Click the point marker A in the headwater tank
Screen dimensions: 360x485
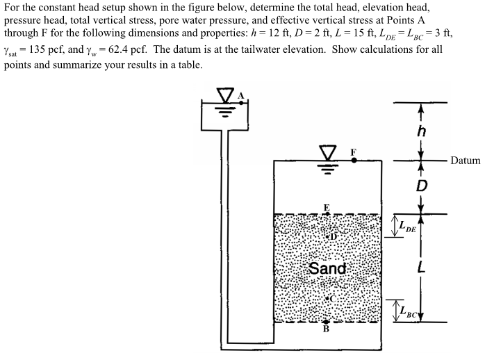click(241, 102)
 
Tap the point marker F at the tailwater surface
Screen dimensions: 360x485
click(354, 160)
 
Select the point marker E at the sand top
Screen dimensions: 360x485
click(327, 214)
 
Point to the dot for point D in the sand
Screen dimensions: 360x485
click(327, 237)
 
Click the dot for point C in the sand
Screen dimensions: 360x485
click(327, 298)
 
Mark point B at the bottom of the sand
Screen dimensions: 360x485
click(326, 322)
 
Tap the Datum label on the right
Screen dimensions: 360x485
click(465, 161)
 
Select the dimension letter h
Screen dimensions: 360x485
click(421, 131)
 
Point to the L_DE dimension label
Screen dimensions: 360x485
click(406, 225)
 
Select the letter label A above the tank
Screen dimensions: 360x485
click(241, 95)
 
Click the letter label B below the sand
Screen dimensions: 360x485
click(326, 329)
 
